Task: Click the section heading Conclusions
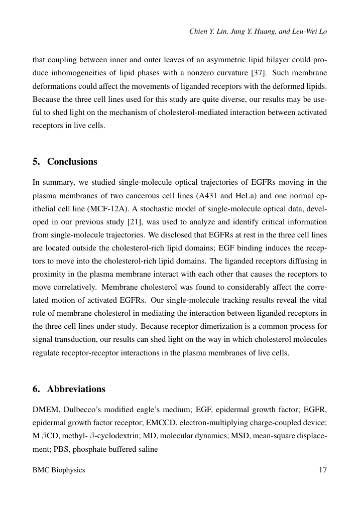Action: pyautogui.click(x=72, y=162)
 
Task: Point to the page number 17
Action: pyautogui.click(x=322, y=470)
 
